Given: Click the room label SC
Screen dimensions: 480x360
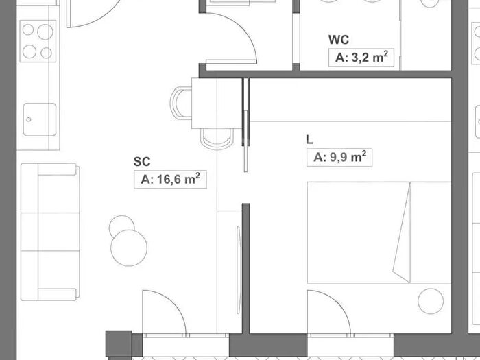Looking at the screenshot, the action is (x=142, y=162).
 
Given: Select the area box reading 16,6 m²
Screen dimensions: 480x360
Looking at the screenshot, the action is (x=170, y=180).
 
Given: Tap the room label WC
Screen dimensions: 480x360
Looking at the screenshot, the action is (x=339, y=40).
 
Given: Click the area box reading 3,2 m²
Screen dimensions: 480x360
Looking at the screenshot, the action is (x=361, y=58).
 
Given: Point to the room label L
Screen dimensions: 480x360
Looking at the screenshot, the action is (x=309, y=140).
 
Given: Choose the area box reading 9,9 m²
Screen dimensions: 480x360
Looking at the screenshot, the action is (x=339, y=158).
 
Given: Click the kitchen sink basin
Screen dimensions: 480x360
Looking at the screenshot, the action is (x=40, y=119).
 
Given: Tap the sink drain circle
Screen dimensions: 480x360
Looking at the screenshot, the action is (x=29, y=119).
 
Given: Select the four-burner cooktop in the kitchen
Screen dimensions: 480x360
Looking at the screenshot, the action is (x=38, y=41).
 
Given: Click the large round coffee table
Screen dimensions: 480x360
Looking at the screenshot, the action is (x=129, y=248).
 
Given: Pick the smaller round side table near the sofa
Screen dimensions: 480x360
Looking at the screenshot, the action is (x=121, y=226).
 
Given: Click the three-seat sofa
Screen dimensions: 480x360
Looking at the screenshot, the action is (x=50, y=232).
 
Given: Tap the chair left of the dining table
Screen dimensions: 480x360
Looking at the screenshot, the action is (x=180, y=103).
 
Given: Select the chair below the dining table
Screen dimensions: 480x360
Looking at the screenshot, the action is (x=217, y=139).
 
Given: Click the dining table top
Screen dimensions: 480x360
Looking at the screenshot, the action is (x=217, y=103).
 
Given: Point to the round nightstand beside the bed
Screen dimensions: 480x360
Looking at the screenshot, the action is (x=431, y=301).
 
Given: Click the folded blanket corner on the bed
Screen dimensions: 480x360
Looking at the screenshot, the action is (x=402, y=232).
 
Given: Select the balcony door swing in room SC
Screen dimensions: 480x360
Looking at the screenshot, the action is (x=164, y=312).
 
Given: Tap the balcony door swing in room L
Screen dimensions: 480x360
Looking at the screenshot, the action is (x=328, y=312).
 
